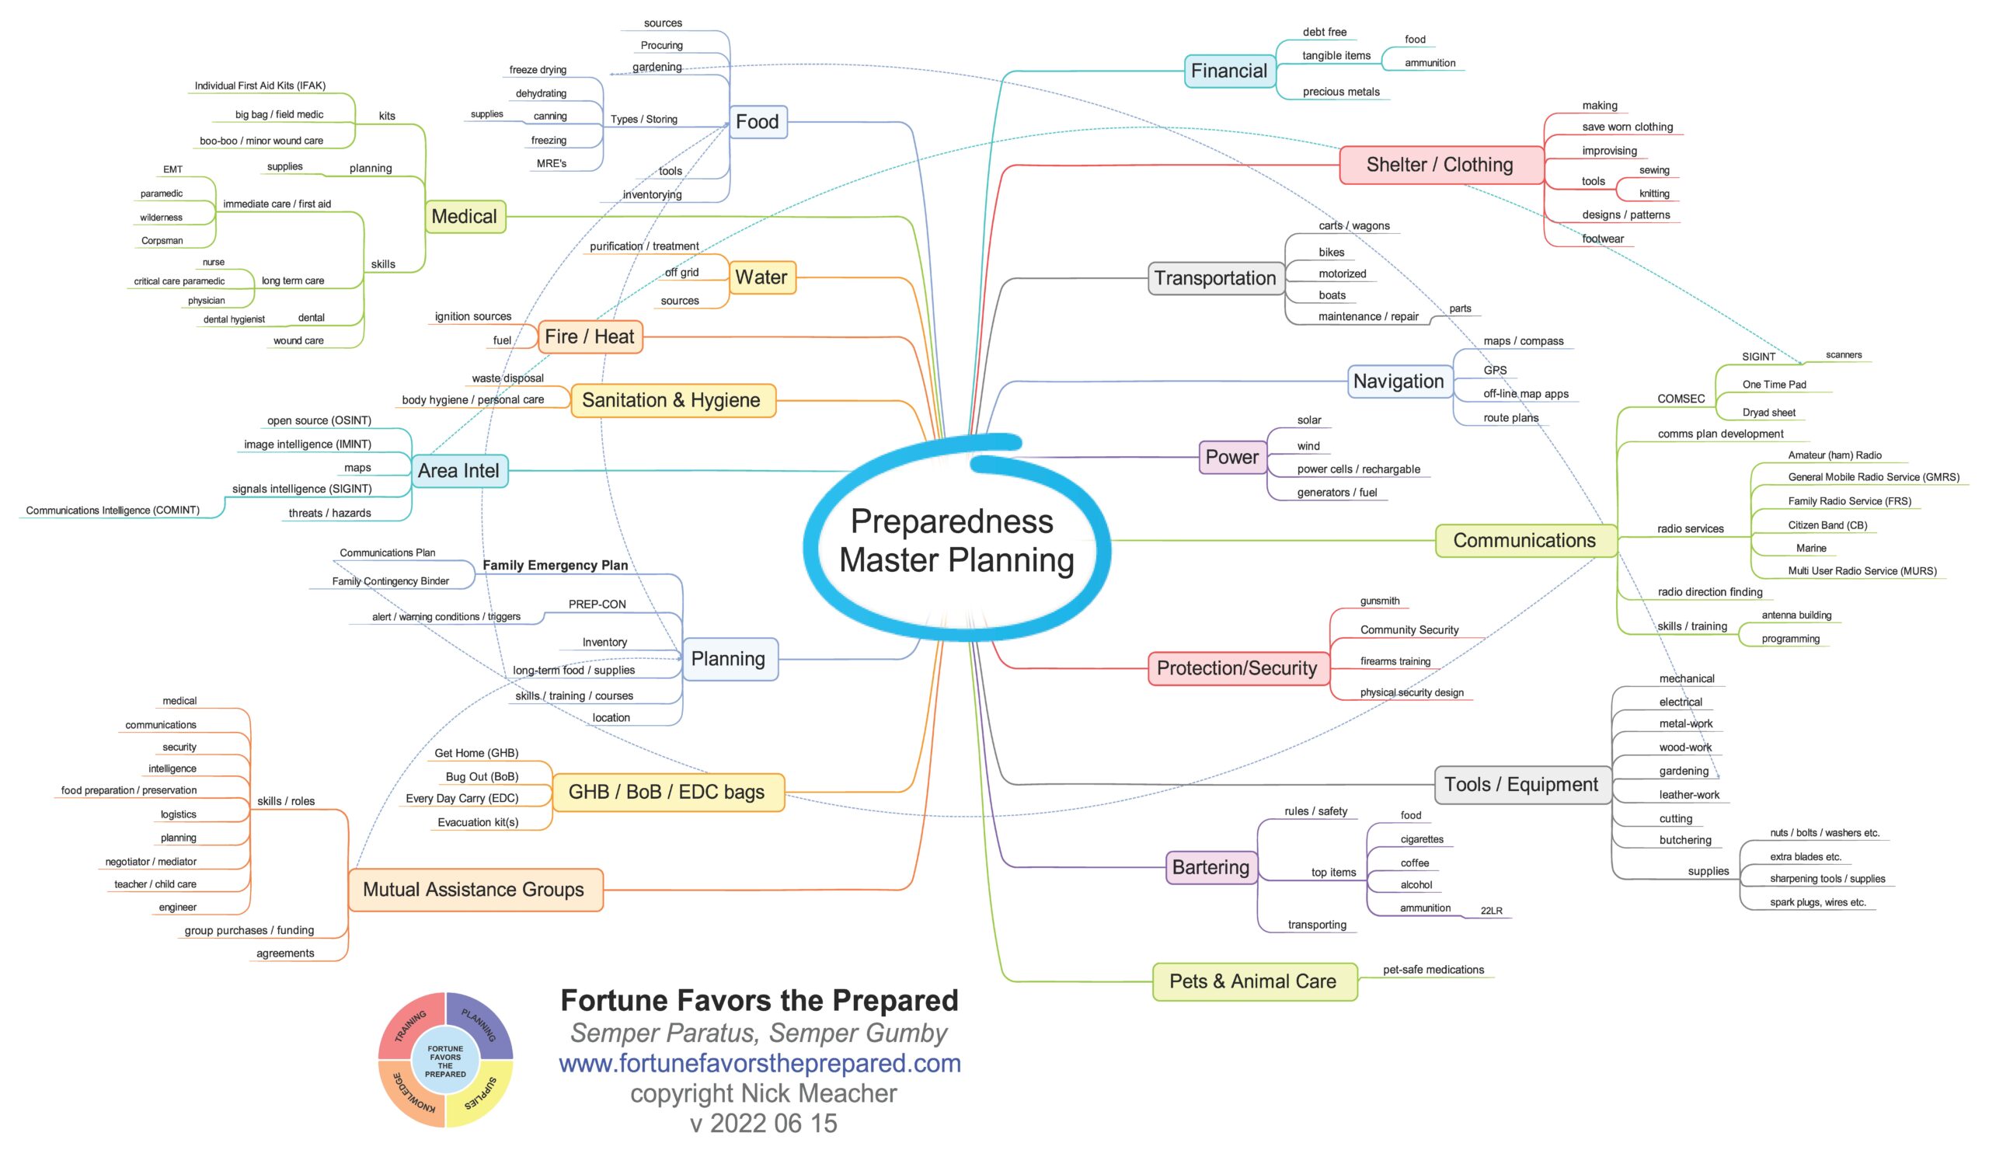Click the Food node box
(x=757, y=121)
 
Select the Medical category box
(x=464, y=216)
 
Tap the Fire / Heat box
(x=589, y=337)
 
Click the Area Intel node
(x=458, y=471)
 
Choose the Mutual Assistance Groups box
(x=475, y=890)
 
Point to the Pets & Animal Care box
(x=1253, y=981)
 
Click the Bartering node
(x=1210, y=867)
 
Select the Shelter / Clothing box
(x=1440, y=165)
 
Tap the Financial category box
(x=1228, y=71)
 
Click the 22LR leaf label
(x=1491, y=911)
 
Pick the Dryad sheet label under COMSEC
(x=1768, y=413)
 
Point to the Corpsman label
(x=162, y=241)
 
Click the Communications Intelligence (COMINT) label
(x=113, y=511)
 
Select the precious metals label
(x=1341, y=92)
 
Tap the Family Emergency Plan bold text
(x=555, y=565)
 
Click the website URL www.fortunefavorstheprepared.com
(x=759, y=1063)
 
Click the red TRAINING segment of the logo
(x=409, y=1025)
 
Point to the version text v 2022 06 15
(x=763, y=1123)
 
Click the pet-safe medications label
(x=1433, y=970)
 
